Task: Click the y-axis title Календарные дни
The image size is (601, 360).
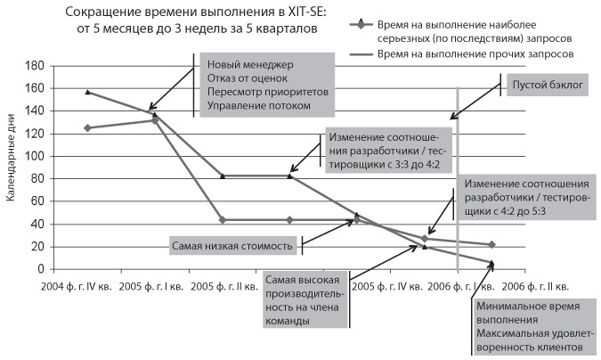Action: coord(12,168)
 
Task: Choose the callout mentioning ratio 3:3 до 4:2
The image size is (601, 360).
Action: coord(390,152)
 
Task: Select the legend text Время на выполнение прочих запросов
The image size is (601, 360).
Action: coord(475,54)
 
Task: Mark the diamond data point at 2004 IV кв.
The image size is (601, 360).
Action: coord(86,128)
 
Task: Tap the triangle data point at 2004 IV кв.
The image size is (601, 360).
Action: coord(86,92)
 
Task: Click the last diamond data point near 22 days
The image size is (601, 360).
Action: coord(492,244)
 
